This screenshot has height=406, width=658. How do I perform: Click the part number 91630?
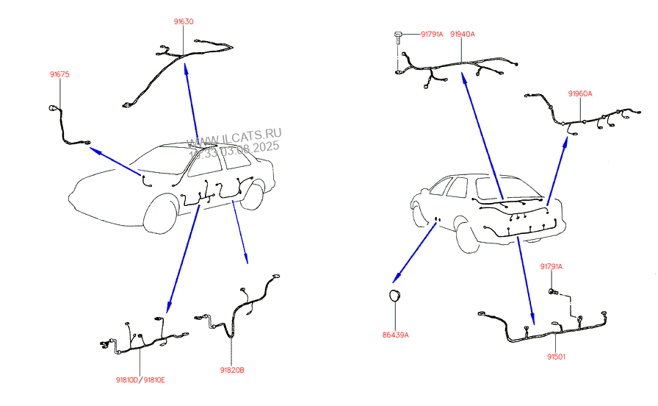[x=184, y=22]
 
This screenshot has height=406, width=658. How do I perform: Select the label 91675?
[x=59, y=74]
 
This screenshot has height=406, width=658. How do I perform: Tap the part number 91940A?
[x=462, y=34]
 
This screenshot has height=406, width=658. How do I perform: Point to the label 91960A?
[x=579, y=93]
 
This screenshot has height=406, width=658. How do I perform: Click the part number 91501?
[x=555, y=357]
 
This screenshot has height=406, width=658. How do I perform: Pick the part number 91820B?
[x=231, y=370]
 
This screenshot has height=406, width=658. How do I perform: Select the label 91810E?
[x=153, y=380]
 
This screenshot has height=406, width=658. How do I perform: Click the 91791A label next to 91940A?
[x=431, y=34]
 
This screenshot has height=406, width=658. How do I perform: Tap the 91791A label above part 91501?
[x=552, y=266]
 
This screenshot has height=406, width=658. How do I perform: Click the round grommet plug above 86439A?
[x=394, y=296]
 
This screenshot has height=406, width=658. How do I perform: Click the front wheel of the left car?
[x=160, y=214]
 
